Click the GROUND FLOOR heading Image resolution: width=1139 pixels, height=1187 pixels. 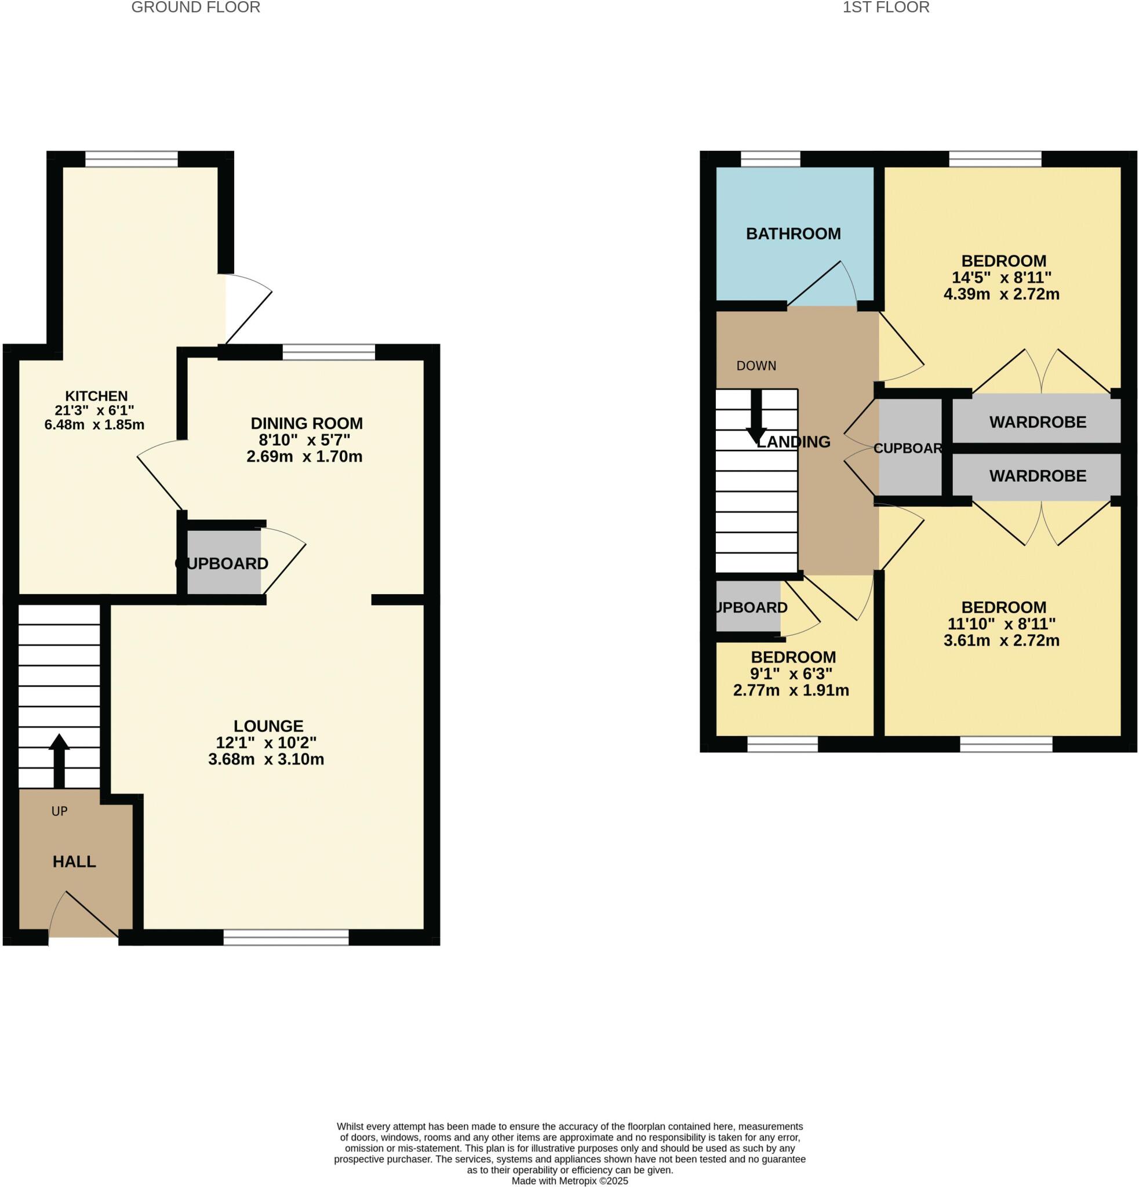[x=195, y=8]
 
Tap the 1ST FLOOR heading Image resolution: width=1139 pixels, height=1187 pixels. [x=885, y=8]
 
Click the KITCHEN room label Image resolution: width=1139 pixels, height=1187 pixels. [x=96, y=396]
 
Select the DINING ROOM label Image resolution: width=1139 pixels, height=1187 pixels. [x=307, y=423]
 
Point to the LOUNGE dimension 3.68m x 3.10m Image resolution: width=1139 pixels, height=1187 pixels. [x=266, y=759]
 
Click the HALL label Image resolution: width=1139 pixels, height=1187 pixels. [x=74, y=861]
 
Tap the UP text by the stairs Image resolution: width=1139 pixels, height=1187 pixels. [x=59, y=811]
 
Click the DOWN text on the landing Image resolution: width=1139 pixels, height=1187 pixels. [x=756, y=366]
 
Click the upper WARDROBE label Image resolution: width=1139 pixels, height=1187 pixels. [x=1037, y=422]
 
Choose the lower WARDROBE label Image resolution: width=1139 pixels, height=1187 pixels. [x=1037, y=476]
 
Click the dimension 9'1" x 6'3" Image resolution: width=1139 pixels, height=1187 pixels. [x=791, y=673]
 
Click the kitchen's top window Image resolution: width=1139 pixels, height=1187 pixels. [x=132, y=159]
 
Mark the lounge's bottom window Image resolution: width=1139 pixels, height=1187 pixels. [x=286, y=937]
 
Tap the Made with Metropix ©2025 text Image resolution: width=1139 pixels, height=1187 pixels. [x=569, y=1181]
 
